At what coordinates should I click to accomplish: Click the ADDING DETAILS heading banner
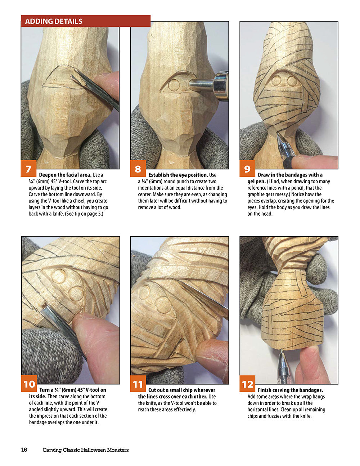pyautogui.click(x=86, y=21)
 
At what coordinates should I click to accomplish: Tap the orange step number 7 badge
pyautogui.click(x=28, y=168)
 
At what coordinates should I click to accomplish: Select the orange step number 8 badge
pyautogui.click(x=138, y=168)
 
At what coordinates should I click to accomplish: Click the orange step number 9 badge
pyautogui.click(x=247, y=168)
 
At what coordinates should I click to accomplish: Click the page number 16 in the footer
pyautogui.click(x=24, y=449)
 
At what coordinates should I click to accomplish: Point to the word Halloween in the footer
pyautogui.click(x=93, y=450)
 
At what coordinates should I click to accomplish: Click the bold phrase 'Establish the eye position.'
pyautogui.click(x=178, y=175)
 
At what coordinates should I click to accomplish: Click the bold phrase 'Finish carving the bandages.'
pyautogui.click(x=291, y=390)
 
